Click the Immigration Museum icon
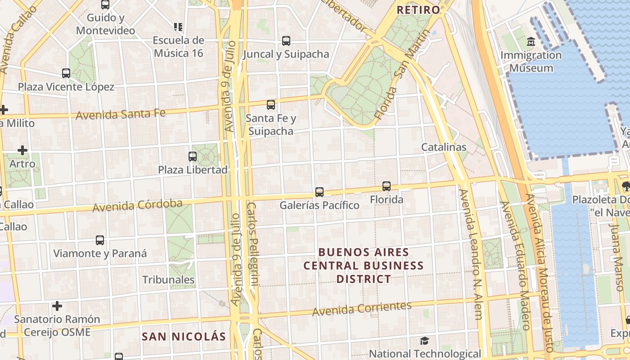pyautogui.click(x=531, y=42)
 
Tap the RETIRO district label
pyautogui.click(x=418, y=9)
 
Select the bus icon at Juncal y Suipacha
pyautogui.click(x=286, y=41)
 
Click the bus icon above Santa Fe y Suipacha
pyautogui.click(x=270, y=105)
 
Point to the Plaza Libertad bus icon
pyautogui.click(x=193, y=157)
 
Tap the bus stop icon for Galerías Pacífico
pyautogui.click(x=319, y=192)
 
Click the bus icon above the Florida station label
pyautogui.click(x=386, y=186)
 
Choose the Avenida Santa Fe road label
pyautogui.click(x=121, y=114)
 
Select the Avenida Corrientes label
pyautogui.click(x=362, y=309)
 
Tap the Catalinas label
pyautogui.click(x=444, y=147)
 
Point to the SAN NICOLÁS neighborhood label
pyautogui.click(x=184, y=337)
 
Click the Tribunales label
pyautogui.click(x=168, y=280)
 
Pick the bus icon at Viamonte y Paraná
pyautogui.click(x=100, y=240)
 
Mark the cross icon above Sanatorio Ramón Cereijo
pyautogui.click(x=57, y=306)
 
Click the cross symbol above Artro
pyautogui.click(x=22, y=150)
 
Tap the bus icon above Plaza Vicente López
pyautogui.click(x=66, y=73)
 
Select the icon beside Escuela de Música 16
pyautogui.click(x=178, y=27)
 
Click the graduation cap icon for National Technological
pyautogui.click(x=424, y=341)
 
